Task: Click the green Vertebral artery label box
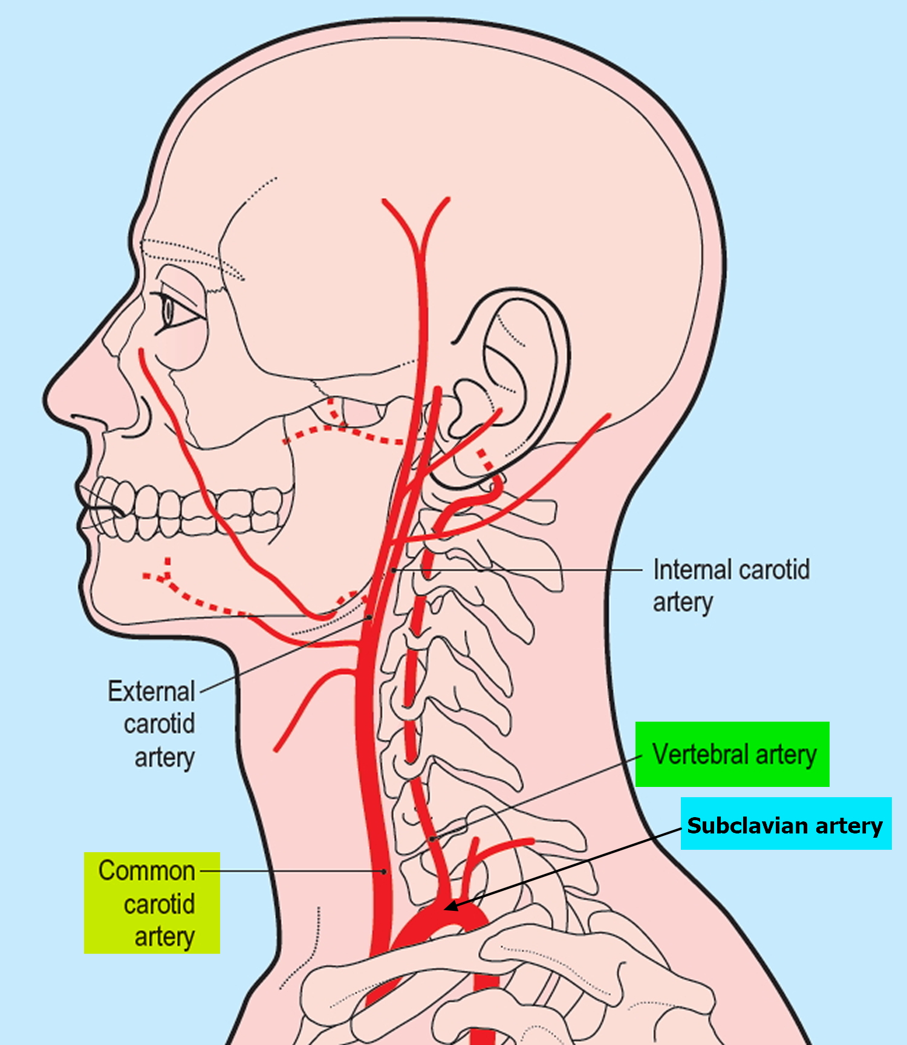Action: click(x=732, y=754)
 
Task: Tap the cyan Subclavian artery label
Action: click(x=785, y=824)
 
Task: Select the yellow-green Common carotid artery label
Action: click(x=152, y=903)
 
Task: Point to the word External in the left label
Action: click(x=151, y=691)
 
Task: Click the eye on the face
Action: click(x=170, y=311)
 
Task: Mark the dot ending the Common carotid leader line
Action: click(x=384, y=872)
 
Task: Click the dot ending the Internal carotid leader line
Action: click(x=393, y=570)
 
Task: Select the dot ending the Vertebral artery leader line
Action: click(x=432, y=839)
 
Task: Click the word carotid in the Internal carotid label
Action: click(x=774, y=570)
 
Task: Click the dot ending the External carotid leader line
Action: click(x=369, y=617)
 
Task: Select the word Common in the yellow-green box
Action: click(x=147, y=871)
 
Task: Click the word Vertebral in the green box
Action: click(x=701, y=754)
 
